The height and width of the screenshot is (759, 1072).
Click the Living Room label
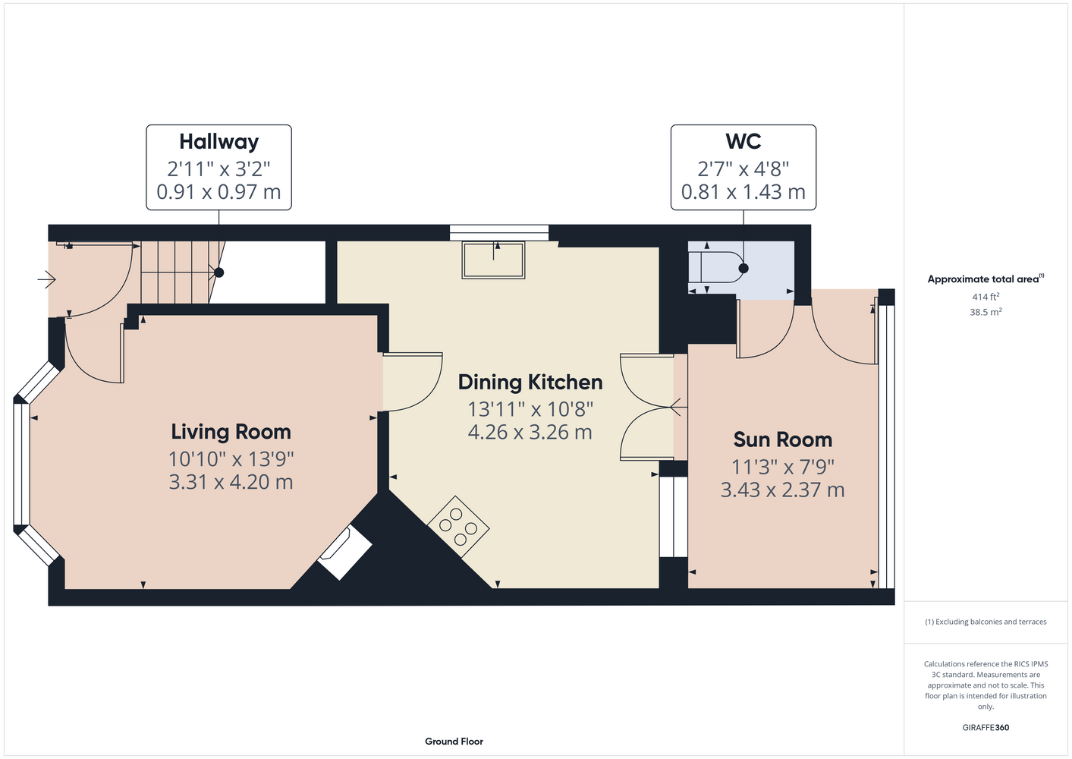[x=231, y=432]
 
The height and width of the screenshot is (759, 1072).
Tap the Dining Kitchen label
[x=530, y=382]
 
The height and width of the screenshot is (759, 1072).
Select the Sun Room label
[x=783, y=439]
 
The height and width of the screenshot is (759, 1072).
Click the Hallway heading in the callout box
[x=218, y=141]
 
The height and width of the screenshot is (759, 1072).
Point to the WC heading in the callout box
[x=743, y=141]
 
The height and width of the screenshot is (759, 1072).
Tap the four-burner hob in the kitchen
[x=458, y=526]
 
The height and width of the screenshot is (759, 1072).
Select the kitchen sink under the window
[x=493, y=260]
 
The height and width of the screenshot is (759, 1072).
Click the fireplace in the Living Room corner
[x=345, y=552]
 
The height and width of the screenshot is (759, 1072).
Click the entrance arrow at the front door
[x=46, y=279]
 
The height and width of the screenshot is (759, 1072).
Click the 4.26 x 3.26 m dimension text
[x=530, y=432]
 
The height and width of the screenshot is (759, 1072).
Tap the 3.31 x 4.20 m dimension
[x=231, y=482]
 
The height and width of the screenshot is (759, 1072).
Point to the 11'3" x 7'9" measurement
[x=783, y=467]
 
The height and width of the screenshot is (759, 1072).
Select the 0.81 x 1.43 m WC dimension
[x=743, y=191]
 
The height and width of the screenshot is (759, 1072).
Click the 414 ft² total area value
[x=986, y=297]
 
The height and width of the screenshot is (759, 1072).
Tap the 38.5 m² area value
[x=986, y=312]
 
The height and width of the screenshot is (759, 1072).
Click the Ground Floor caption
[x=454, y=742]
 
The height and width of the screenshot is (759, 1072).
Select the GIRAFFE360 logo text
[x=986, y=727]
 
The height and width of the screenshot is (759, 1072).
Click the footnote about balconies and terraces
[x=986, y=622]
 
